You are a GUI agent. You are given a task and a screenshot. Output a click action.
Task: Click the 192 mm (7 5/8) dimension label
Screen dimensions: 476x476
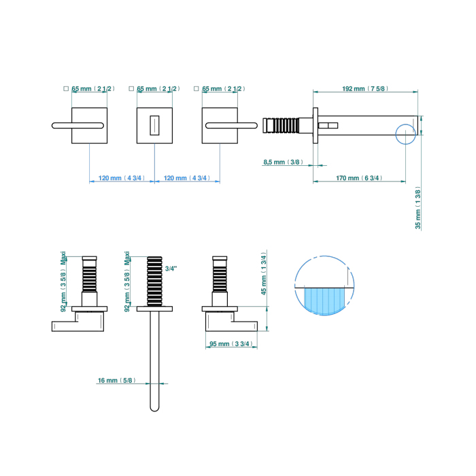pos(364,88)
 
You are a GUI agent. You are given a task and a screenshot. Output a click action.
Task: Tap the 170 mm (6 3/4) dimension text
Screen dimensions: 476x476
pos(358,178)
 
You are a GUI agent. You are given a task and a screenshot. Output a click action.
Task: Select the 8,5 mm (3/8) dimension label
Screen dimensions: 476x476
pos(282,162)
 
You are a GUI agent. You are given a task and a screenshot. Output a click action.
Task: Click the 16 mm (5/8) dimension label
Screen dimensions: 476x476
pos(116,381)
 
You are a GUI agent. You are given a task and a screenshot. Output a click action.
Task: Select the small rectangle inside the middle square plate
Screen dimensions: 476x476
pos(154,125)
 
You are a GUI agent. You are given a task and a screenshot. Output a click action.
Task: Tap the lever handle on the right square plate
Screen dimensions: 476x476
pos(231,125)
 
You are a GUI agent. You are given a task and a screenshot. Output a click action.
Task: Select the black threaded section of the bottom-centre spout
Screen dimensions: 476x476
pos(155,281)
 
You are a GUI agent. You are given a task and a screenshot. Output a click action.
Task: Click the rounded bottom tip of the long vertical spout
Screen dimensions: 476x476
pos(155,407)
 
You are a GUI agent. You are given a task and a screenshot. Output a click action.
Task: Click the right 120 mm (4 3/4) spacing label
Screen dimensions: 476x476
pos(187,178)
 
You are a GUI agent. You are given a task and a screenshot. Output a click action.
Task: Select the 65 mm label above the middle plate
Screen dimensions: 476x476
pos(158,88)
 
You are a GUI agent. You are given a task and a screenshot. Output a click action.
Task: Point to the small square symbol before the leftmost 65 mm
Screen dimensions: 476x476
pos(65,88)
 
